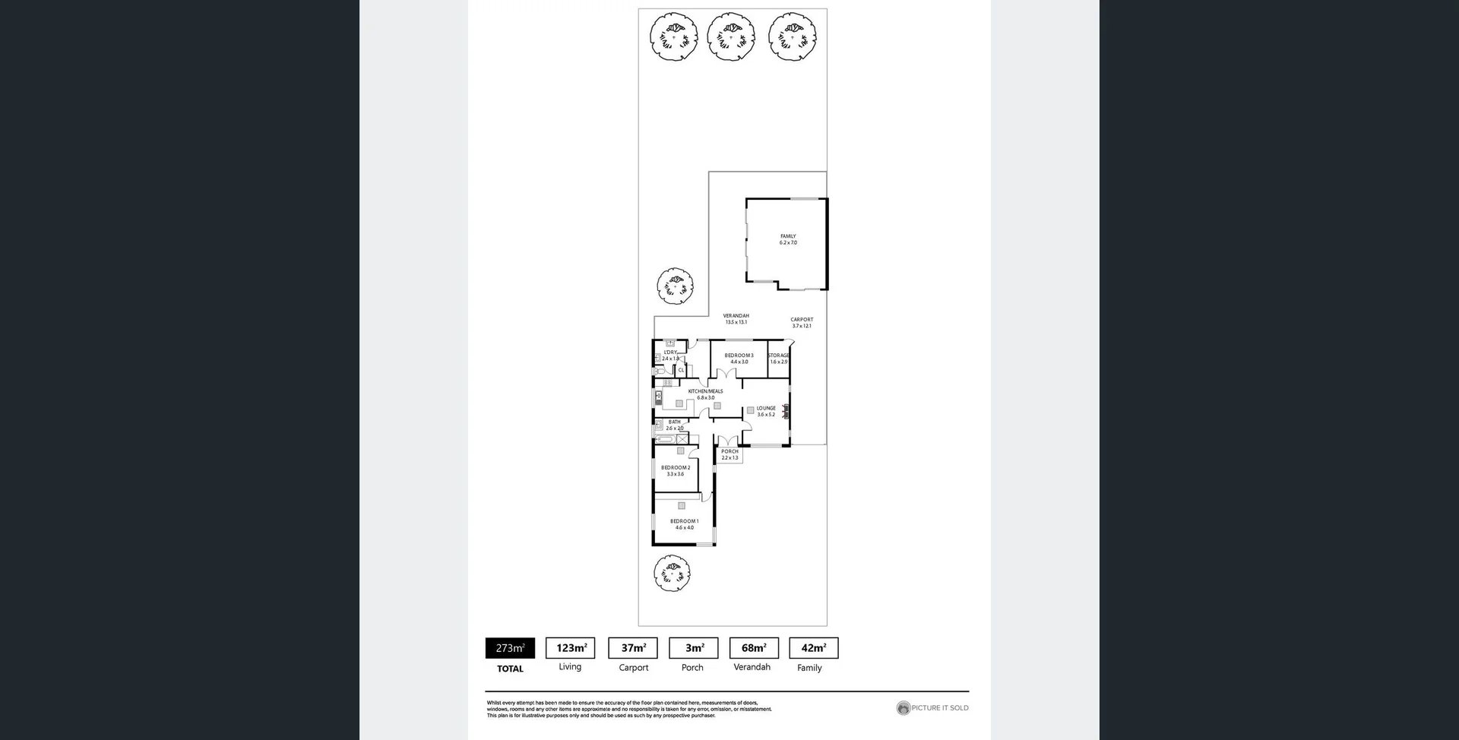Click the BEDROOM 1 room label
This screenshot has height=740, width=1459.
coord(684,521)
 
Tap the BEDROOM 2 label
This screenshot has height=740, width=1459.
coord(676,468)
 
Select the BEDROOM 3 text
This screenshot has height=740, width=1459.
coord(739,356)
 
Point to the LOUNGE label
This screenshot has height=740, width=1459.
coord(766,409)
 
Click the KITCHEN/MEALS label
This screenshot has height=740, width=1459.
coord(705,391)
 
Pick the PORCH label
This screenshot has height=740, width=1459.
coord(729,452)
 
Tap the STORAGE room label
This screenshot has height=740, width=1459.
coord(778,356)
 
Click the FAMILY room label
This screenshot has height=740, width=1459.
coord(788,236)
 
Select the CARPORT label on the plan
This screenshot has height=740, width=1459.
coord(802,320)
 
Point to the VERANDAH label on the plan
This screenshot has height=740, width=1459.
coord(736,316)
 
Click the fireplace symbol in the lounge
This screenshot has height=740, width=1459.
coord(786,410)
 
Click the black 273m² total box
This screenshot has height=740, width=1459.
coord(510,648)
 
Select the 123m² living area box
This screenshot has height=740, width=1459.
coord(570,648)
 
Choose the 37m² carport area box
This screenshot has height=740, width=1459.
coord(633,648)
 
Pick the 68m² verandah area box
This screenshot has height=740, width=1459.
coord(754,648)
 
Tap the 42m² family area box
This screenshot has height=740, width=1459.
coord(813,648)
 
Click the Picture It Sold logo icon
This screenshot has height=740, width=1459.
coord(903,708)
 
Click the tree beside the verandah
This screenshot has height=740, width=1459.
coord(675,286)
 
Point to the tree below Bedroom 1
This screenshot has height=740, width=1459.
coord(672,573)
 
